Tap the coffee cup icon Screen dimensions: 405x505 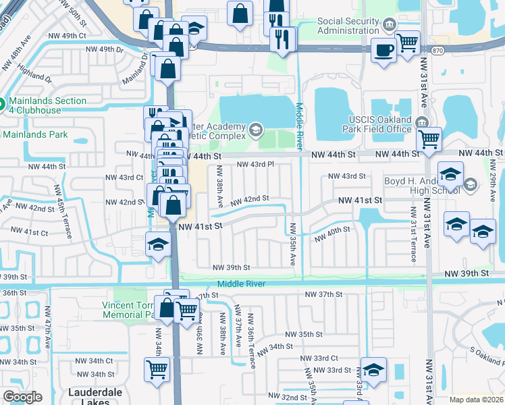tap(383, 50)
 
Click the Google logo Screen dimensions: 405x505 tap(22, 397)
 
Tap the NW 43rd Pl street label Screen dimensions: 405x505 tap(255, 164)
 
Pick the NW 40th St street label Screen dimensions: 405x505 tap(332, 230)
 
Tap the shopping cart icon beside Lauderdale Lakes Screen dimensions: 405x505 tap(157, 370)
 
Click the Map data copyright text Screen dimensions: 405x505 tap(477, 400)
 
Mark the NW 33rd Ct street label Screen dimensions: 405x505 tap(321, 358)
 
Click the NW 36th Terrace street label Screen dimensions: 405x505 tap(251, 341)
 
